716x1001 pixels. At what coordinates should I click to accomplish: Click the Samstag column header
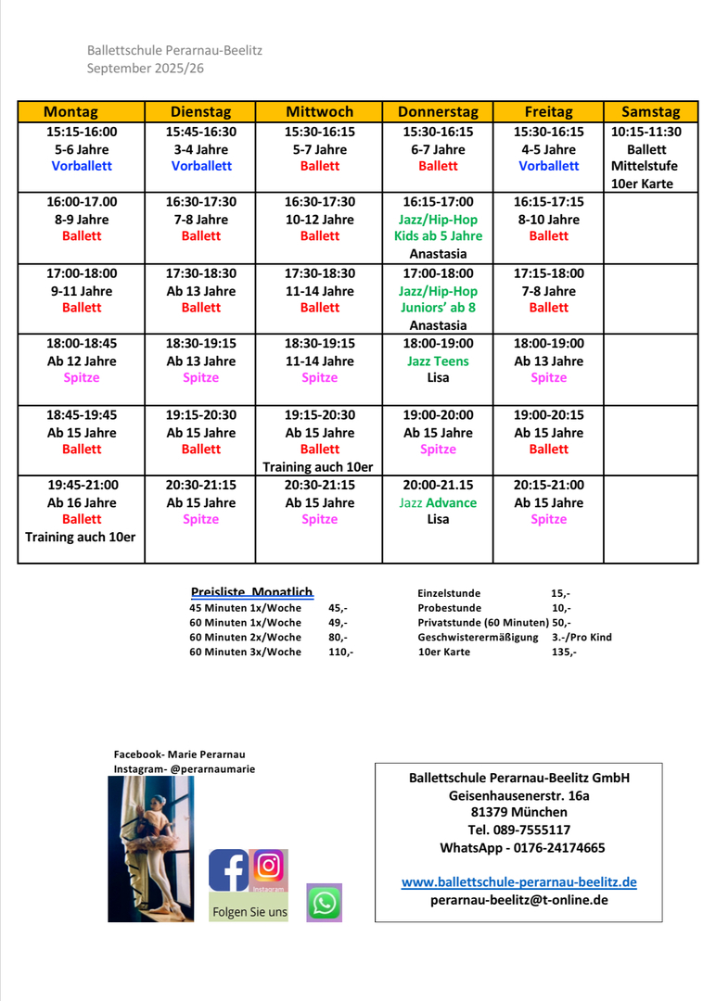click(650, 111)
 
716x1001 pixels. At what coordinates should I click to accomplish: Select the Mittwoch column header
click(319, 111)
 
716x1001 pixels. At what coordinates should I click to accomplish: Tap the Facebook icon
click(228, 870)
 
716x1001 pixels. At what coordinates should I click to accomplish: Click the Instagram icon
click(269, 867)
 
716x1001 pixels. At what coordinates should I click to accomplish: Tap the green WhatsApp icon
click(325, 902)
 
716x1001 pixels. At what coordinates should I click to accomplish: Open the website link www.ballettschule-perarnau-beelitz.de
click(518, 882)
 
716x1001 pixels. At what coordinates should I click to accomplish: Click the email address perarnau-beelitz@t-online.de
click(518, 900)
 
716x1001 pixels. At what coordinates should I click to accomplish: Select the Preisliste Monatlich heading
click(251, 592)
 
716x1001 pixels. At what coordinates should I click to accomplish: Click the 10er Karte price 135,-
click(563, 652)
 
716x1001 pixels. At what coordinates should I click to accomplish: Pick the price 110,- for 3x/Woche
click(340, 652)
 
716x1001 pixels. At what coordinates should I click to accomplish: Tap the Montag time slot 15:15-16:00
click(82, 132)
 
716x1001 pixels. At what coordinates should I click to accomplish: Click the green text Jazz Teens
click(438, 361)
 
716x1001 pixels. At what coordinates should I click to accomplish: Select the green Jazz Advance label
click(438, 502)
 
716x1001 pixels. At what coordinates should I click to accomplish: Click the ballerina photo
click(151, 848)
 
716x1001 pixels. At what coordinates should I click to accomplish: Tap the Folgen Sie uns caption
click(249, 912)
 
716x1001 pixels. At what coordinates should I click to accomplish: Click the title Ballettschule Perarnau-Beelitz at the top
click(174, 50)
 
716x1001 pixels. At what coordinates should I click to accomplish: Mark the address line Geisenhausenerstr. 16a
click(518, 795)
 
